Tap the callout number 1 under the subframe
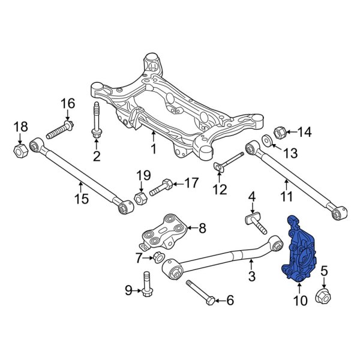click(x=153, y=148)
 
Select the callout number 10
click(x=299, y=299)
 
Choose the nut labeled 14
click(x=278, y=132)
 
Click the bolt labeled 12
click(x=228, y=161)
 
